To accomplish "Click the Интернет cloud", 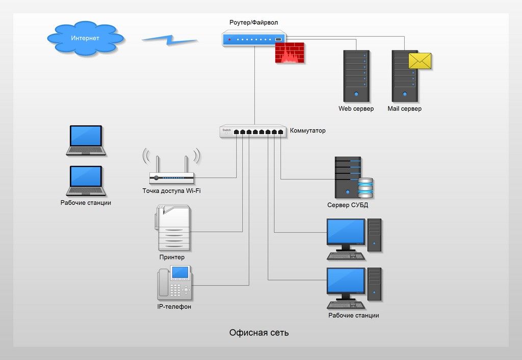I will click(x=85, y=38).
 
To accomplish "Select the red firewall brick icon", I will click(x=290, y=54).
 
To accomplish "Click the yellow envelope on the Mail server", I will click(x=420, y=61).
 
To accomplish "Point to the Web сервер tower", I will click(x=356, y=75).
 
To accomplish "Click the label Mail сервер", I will click(x=404, y=109).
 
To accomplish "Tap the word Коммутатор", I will click(x=307, y=131).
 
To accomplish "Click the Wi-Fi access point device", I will click(x=172, y=176).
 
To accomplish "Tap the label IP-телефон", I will click(x=174, y=307).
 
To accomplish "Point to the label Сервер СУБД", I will click(x=347, y=205).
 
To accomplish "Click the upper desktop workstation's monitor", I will click(x=346, y=232).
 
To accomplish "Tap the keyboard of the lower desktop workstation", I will click(x=346, y=305).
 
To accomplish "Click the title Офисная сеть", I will click(x=259, y=333).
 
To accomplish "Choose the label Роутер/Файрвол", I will click(x=254, y=22).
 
